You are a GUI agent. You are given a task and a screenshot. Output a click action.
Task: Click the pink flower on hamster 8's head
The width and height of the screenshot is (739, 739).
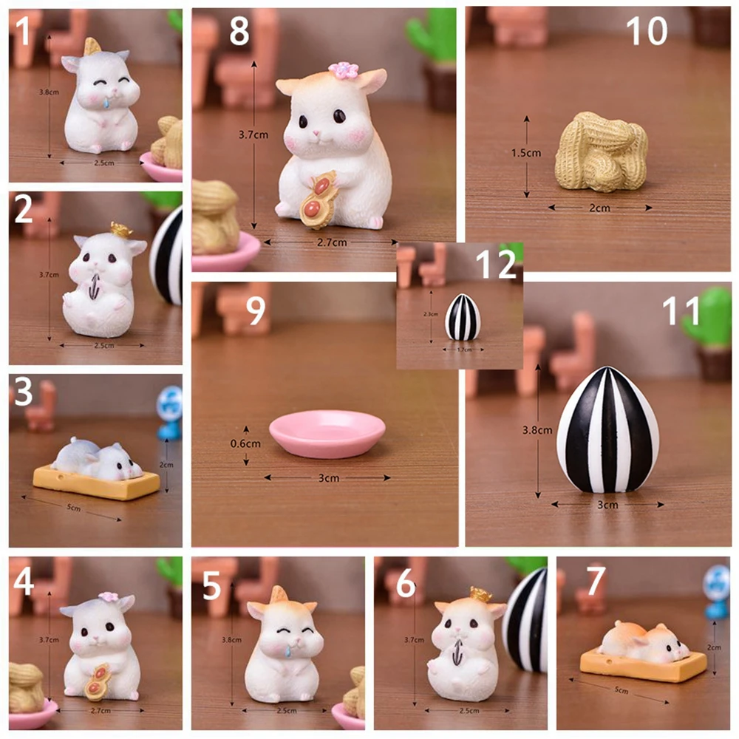(343, 71)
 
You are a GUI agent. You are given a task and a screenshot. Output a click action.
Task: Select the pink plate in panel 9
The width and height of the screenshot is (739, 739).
(327, 434)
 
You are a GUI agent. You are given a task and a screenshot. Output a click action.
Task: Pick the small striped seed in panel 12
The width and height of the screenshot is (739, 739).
(463, 317)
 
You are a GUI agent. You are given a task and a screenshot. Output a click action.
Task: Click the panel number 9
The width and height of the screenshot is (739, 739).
(255, 311)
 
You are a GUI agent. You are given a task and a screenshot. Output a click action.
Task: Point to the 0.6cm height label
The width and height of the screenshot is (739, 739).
(245, 444)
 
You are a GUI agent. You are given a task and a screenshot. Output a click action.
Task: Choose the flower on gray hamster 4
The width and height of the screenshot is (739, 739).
(109, 597)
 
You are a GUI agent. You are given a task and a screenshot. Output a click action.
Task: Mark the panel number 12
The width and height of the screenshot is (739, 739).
(497, 265)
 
